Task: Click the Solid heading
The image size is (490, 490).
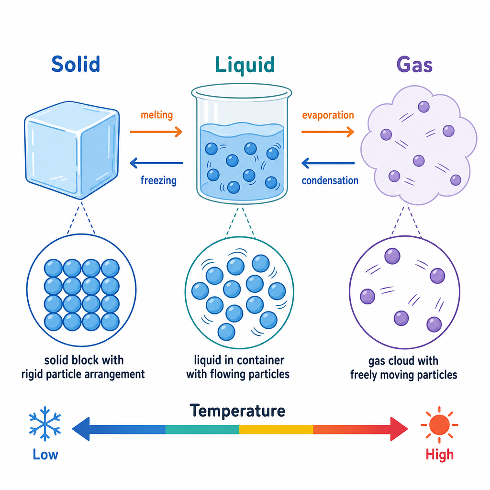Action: coord(76,65)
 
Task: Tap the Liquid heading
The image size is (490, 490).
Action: coord(245,65)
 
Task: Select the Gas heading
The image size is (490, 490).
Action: coord(414,65)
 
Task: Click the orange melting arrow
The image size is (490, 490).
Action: coord(156,132)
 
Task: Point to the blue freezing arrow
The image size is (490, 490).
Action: coord(156,163)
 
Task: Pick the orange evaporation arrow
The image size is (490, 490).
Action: coord(327,132)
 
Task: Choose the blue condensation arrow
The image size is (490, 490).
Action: coord(328,163)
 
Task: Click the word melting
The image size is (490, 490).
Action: coord(156,115)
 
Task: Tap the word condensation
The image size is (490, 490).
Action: coord(330,180)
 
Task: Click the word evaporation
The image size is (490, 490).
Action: coord(328,115)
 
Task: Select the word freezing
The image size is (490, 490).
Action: coord(158,180)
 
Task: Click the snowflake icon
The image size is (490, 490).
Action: coord(45,424)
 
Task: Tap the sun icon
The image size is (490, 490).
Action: coord(439,425)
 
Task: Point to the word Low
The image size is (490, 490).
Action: coord(45,455)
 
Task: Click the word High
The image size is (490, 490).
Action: coord(439,455)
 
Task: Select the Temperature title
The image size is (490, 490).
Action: coord(237,411)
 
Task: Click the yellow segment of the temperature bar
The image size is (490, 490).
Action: coord(276,429)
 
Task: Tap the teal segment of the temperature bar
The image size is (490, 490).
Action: coord(202,429)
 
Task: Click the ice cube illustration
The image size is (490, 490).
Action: coord(72,150)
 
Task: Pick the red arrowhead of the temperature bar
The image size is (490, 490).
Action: coord(399,429)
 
